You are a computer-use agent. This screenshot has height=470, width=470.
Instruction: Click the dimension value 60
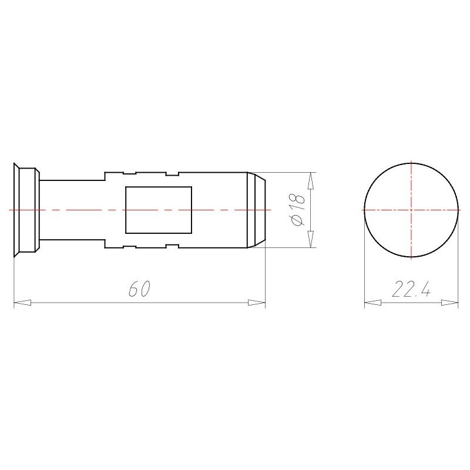[139, 288]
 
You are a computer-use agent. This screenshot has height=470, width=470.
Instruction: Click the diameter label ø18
[298, 210]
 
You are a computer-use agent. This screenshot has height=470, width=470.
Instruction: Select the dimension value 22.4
[411, 289]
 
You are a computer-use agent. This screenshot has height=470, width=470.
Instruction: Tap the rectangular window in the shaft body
[159, 210]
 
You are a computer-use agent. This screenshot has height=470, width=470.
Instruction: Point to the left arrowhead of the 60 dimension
[22, 303]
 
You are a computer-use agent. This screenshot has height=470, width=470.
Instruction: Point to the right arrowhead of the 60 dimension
[257, 303]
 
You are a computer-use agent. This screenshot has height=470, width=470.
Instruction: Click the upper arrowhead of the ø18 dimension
[311, 181]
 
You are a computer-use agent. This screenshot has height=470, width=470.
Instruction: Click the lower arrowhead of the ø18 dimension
[311, 239]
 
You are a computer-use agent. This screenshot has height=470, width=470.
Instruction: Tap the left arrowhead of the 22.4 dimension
[373, 303]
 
